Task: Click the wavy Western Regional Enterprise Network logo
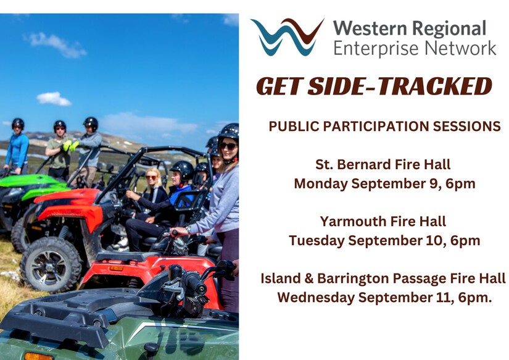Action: point(287,36)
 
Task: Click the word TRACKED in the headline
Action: point(435,86)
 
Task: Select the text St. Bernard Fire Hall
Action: point(383,164)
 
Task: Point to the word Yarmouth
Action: point(352,222)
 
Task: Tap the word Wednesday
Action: point(316,298)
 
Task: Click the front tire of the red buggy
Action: point(51,265)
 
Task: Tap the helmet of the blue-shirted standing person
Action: point(18,123)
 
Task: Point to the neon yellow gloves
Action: point(70,145)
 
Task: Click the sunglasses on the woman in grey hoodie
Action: point(228,146)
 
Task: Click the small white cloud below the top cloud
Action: point(54,99)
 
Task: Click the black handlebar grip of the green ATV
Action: point(195,282)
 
